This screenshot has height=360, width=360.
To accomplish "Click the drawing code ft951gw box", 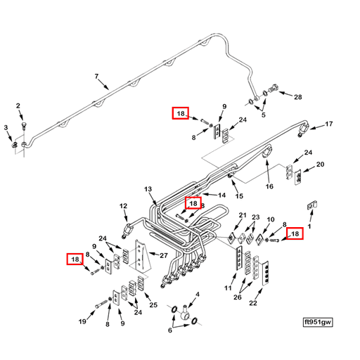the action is point(318,322).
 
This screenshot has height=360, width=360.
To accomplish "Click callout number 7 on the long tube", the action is point(96,77).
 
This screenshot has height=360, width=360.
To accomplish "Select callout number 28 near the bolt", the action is point(298,97).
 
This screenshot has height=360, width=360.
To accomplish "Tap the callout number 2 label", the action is point(18,106).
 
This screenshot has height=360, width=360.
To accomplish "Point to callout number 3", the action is point(6,127).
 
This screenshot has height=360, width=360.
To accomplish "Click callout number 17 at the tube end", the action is point(329,124).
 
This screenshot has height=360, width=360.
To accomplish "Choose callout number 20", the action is point(320,165).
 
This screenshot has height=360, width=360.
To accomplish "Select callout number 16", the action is point(269,186).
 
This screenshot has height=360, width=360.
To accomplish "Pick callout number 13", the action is point(148,189).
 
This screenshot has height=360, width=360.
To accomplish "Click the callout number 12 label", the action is point(123,206).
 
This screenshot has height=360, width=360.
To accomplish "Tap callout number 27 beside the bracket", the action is point(164,255).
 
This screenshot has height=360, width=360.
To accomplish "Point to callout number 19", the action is point(82,321).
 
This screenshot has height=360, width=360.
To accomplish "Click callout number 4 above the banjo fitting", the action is point(198,295).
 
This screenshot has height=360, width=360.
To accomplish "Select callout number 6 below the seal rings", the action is point(170,330).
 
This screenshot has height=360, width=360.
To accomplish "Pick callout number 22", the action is point(253,303).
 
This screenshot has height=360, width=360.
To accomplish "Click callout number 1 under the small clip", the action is point(309,226).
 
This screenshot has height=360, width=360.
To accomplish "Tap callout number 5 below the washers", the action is point(264,115).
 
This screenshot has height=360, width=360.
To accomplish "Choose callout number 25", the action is point(153,305).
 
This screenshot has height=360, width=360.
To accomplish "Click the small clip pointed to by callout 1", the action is point(312,205).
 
